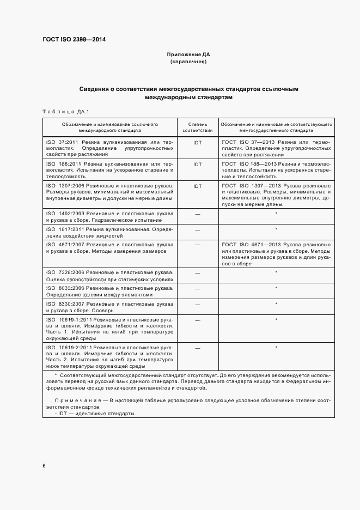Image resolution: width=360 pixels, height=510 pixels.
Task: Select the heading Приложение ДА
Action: coord(188,55)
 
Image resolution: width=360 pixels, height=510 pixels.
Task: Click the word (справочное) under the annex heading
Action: coord(188,62)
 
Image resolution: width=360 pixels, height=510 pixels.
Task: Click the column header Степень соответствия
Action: coord(197,127)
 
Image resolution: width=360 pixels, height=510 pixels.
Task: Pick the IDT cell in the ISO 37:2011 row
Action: coord(197,142)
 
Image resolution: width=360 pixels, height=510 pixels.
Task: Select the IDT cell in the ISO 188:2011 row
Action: coord(197,164)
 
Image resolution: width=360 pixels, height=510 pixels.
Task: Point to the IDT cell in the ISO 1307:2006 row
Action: coord(197,186)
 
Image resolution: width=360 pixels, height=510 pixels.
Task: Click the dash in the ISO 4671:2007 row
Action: coord(197,245)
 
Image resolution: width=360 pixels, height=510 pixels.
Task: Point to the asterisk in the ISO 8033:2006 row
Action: coord(276,287)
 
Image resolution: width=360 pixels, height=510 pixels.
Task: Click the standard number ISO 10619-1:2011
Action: coord(69,319)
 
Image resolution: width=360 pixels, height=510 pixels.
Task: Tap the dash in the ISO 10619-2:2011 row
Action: coord(197,347)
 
